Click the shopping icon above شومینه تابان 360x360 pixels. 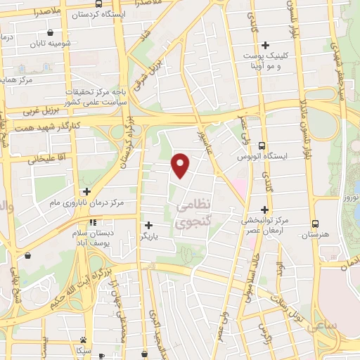[x=50, y=32]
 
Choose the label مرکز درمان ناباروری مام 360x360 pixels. [x=86, y=202]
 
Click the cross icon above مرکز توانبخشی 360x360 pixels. [x=264, y=209]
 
